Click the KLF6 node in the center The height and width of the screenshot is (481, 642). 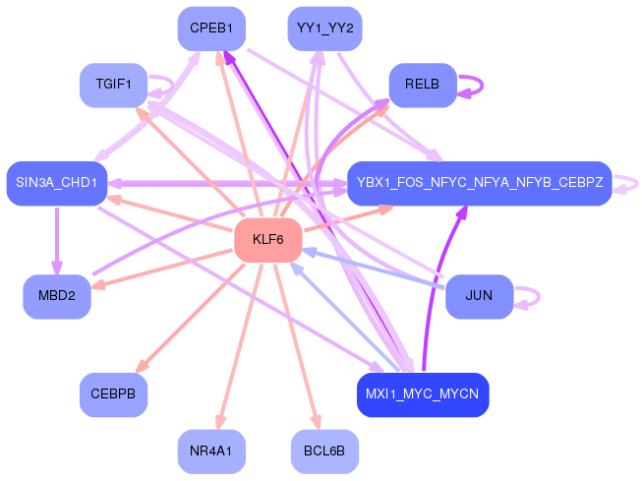point(267,240)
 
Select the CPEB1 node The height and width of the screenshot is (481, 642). point(211,29)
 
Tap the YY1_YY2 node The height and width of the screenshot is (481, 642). point(324,29)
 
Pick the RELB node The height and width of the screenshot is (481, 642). point(423,85)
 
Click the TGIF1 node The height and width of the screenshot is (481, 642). point(113,85)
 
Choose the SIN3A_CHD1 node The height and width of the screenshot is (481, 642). point(56,183)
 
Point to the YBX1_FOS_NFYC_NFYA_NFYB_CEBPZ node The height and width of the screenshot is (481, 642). point(479,183)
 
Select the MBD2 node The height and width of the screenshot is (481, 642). point(57,297)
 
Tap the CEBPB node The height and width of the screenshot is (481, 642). point(113,394)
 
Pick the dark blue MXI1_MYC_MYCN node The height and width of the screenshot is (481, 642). point(422,394)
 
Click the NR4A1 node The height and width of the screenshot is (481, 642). point(211,451)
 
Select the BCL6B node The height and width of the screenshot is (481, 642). point(324,451)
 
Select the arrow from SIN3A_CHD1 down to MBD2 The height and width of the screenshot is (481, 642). point(57,241)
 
